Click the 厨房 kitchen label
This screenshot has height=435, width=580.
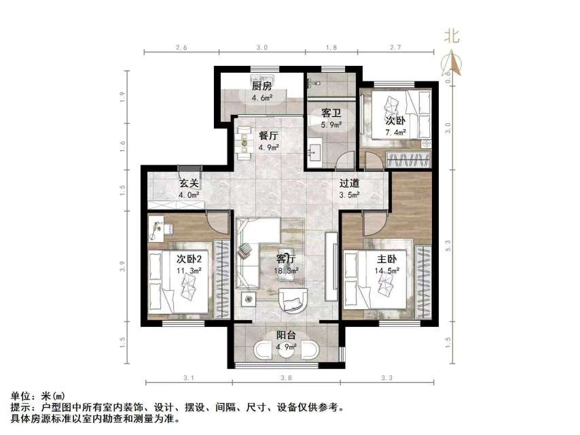[x=262, y=86]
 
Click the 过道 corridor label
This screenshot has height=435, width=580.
[x=349, y=183]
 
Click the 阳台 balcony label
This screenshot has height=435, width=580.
[x=285, y=335]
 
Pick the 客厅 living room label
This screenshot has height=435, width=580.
[x=286, y=259]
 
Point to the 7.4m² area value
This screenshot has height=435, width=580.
[x=396, y=133]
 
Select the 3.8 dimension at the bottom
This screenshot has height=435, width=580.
[x=286, y=377]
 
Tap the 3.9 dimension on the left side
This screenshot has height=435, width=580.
[x=123, y=266]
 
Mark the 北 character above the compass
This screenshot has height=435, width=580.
[x=452, y=35]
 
